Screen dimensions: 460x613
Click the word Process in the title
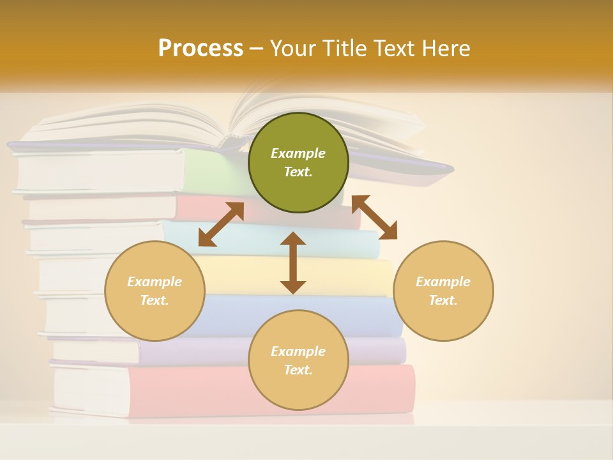[x=201, y=49]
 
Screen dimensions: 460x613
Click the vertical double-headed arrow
[x=293, y=263]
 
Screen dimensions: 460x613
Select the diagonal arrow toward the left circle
[x=221, y=224]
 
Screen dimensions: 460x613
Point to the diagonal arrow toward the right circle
[x=374, y=217]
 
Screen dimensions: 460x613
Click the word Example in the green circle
[x=298, y=153]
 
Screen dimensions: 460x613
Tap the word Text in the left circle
[x=154, y=300]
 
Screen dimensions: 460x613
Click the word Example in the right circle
[x=443, y=282]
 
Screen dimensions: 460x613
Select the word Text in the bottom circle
[x=298, y=370]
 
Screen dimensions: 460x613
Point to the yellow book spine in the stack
[x=370, y=276]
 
